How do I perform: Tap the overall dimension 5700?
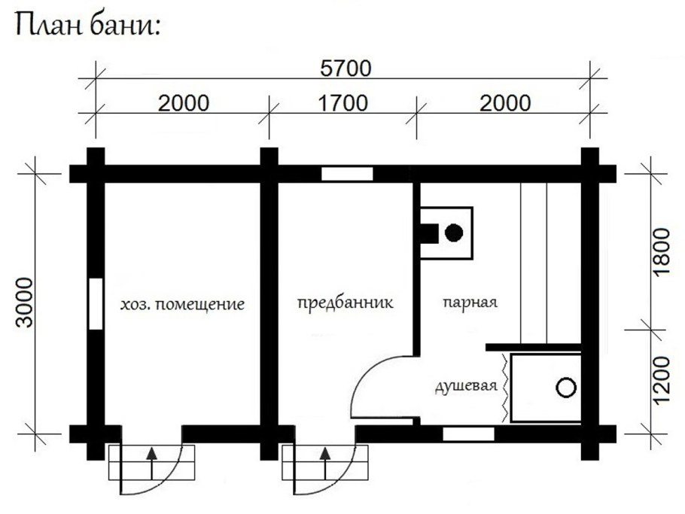[346, 68]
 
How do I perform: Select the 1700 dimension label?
[342, 104]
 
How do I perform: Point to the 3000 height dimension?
[24, 303]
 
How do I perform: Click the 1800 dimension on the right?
[661, 251]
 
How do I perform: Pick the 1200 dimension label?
[661, 380]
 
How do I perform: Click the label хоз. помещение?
[182, 304]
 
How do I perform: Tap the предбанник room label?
[345, 303]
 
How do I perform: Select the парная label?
[470, 303]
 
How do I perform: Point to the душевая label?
[467, 387]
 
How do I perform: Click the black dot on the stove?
[454, 233]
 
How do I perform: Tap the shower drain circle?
[566, 388]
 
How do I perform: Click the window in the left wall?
[96, 303]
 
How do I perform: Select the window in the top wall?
[347, 174]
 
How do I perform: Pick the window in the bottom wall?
[468, 434]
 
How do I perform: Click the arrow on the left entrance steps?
[151, 464]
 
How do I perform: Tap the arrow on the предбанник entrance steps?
[325, 464]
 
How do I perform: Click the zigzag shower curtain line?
[504, 388]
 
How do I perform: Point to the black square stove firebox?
[429, 233]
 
